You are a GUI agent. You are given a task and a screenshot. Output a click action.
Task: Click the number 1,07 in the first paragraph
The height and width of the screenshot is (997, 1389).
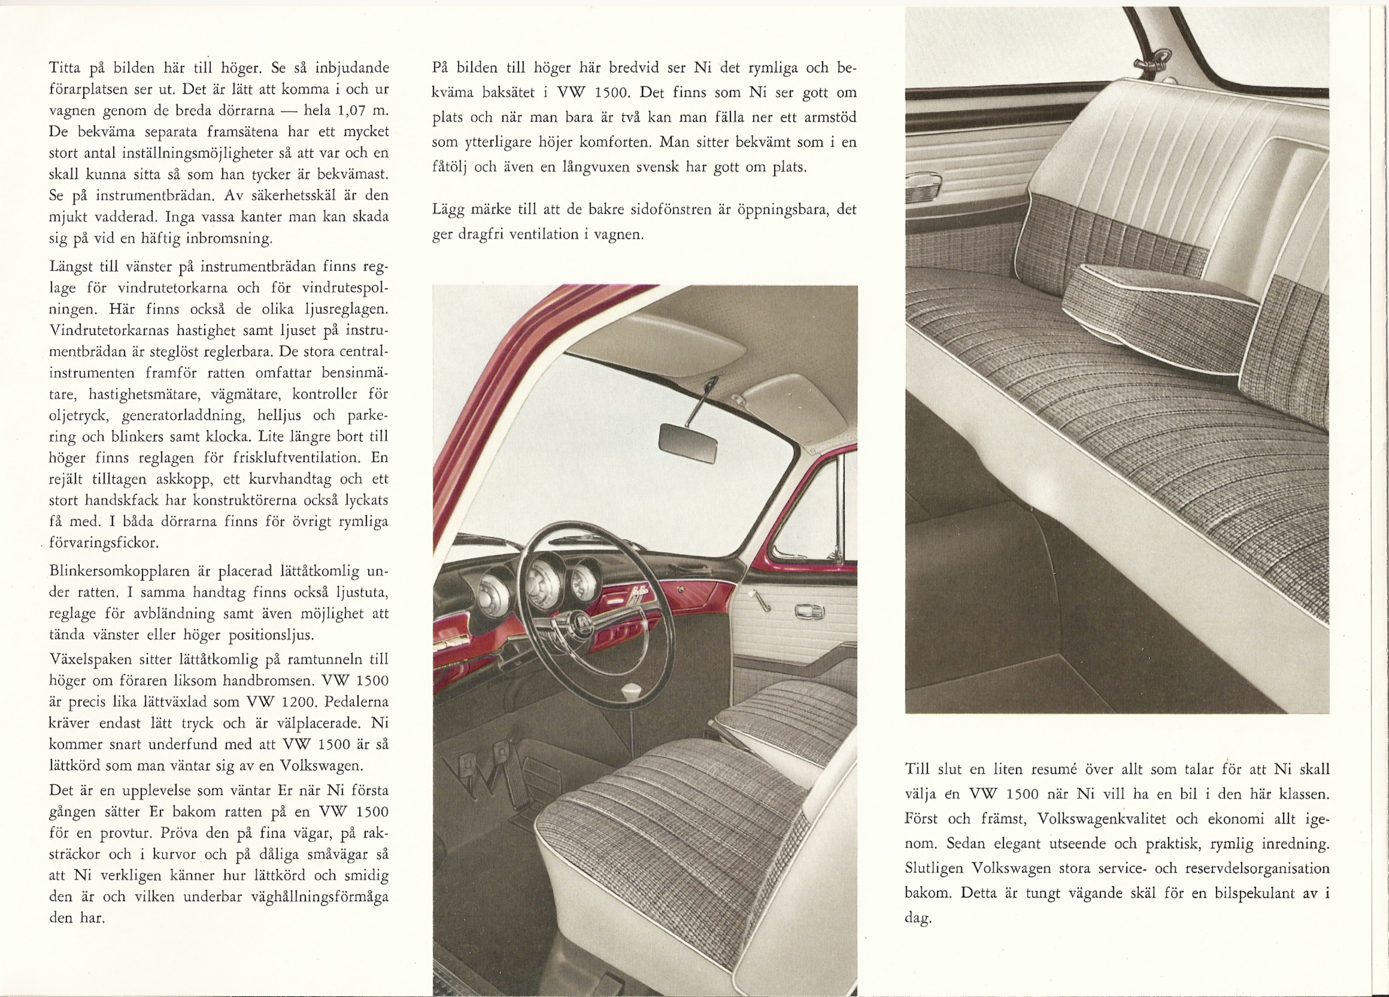pos(355,111)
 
